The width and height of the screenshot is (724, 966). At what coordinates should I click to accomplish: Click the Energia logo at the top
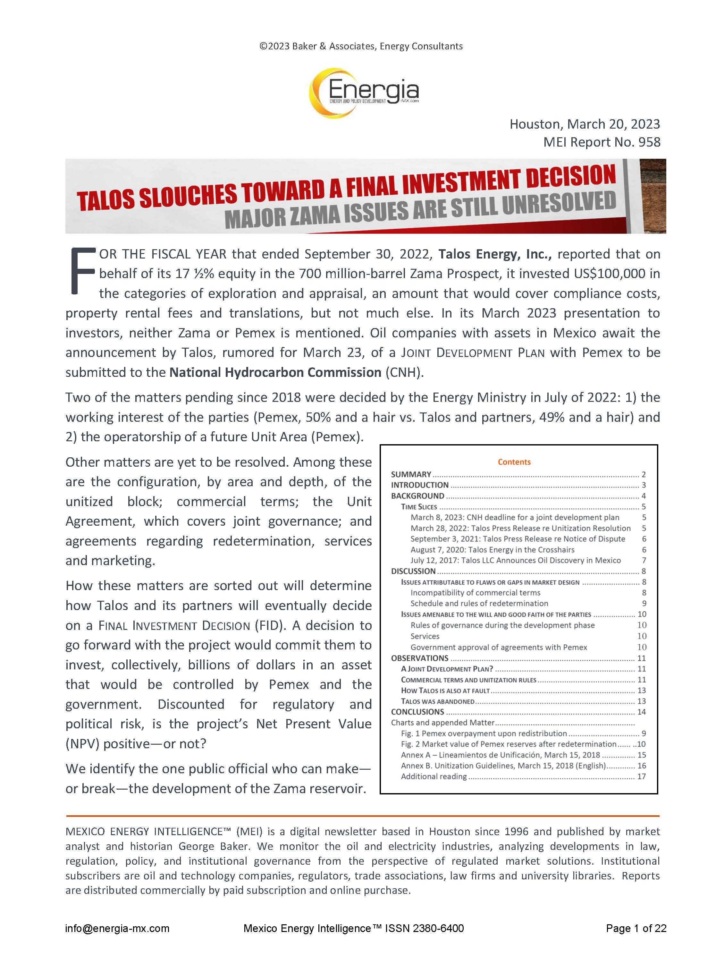[x=363, y=92]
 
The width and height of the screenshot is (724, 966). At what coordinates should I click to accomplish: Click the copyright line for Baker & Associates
[x=361, y=46]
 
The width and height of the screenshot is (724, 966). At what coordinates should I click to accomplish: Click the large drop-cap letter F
[x=82, y=271]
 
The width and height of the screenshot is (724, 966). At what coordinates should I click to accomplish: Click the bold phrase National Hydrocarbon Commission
[x=275, y=372]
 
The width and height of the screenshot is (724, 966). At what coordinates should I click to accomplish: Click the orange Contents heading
[x=514, y=462]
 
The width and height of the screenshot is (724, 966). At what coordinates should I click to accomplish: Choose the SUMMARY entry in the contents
[x=411, y=474]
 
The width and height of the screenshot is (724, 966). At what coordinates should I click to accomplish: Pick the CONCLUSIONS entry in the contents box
[x=417, y=712]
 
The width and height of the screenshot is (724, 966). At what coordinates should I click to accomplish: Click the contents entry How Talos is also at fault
[x=445, y=691]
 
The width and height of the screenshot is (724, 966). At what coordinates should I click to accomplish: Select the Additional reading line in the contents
[x=434, y=776]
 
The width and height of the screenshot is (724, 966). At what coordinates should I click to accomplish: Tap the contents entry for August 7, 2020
[x=492, y=550]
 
